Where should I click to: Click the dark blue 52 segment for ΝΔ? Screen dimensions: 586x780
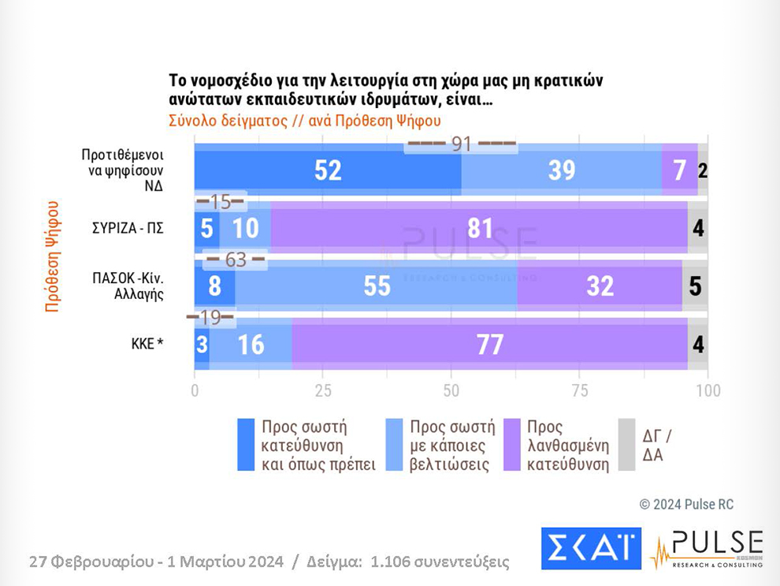pos(328,170)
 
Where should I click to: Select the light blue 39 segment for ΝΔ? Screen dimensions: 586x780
pos(561,170)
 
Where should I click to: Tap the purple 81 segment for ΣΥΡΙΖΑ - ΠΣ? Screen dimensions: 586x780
pos(479,229)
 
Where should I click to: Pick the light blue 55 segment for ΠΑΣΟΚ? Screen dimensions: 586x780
pos(377,286)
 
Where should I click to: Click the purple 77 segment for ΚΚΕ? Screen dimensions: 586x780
pos(490,344)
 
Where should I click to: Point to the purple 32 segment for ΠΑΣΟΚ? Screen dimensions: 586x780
pos(600,286)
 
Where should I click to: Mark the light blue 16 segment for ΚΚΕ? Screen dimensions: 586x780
pos(251,344)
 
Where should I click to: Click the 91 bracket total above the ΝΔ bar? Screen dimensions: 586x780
pos(461,144)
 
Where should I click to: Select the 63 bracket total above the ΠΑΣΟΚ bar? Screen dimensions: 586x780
pos(235,259)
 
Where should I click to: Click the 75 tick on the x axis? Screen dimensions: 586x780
pos(579,390)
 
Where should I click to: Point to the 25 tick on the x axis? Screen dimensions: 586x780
pos(322,390)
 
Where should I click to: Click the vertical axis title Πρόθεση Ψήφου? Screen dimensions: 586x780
pos(53,257)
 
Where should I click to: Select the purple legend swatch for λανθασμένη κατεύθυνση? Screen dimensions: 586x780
pos(512,445)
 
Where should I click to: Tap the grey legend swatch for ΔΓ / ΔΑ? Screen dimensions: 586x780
pos(626,445)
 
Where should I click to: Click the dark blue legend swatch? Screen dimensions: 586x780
pos(247,445)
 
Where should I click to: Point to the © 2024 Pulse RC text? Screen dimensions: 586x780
pos(685,504)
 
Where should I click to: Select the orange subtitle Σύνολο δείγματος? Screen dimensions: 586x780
pos(304,121)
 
